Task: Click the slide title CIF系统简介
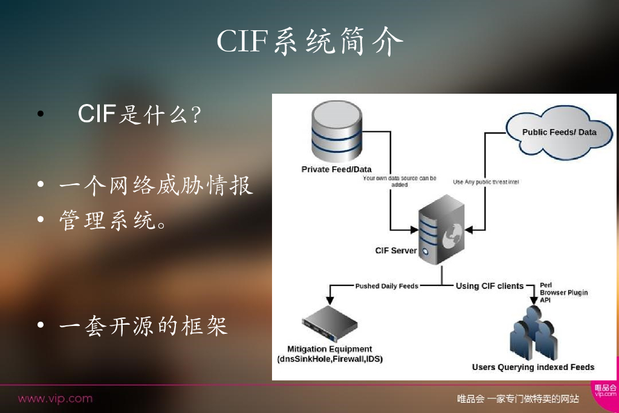[309, 41]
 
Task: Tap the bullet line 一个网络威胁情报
[156, 186]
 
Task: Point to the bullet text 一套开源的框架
[143, 326]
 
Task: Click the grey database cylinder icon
[337, 131]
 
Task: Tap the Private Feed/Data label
[337, 169]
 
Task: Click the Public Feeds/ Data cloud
[559, 132]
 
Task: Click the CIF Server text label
[396, 250]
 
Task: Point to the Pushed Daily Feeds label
[386, 286]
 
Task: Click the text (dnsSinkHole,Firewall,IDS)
[329, 359]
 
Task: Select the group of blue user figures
[532, 336]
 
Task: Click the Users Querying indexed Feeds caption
[533, 367]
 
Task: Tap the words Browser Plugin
[563, 293]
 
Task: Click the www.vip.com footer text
[55, 398]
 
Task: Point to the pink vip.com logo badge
[604, 390]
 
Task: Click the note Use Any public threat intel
[486, 182]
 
